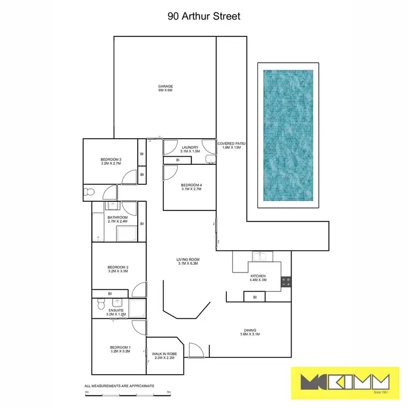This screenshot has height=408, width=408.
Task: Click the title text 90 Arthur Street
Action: point(204,16)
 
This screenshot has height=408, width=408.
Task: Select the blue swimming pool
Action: point(288,134)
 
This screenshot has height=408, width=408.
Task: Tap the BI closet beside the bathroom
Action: point(141,224)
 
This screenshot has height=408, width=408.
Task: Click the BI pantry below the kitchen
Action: point(254,297)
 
